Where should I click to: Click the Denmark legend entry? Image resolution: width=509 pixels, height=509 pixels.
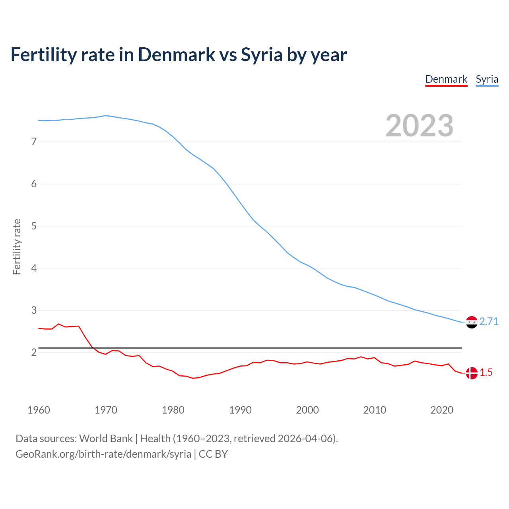pos(446,79)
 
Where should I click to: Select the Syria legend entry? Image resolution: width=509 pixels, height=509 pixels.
pos(487,79)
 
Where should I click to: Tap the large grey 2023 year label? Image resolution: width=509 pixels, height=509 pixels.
pos(419,126)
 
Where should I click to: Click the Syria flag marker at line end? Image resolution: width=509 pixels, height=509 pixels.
pos(472,322)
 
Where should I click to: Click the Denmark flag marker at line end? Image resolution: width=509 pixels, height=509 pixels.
pos(472,373)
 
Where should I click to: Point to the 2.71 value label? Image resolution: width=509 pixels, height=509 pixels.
pos(489,321)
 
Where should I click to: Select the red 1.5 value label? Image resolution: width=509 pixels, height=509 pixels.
pos(486,372)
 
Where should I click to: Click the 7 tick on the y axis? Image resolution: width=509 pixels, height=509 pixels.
pos(34,142)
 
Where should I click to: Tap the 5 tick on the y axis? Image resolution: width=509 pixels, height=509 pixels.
pos(34,226)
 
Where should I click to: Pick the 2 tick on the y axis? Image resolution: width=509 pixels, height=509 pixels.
pos(34,352)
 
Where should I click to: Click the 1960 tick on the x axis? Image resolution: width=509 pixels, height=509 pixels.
pos(39,410)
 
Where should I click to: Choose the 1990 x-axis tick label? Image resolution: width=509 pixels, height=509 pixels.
pos(240,410)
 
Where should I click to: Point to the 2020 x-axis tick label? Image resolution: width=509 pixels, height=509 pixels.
pos(442,410)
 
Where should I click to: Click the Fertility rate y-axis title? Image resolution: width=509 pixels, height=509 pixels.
pos(17,247)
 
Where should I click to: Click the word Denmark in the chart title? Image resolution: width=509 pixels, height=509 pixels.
pos(176,54)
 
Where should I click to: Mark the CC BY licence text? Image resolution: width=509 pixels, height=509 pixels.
pos(213,454)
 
